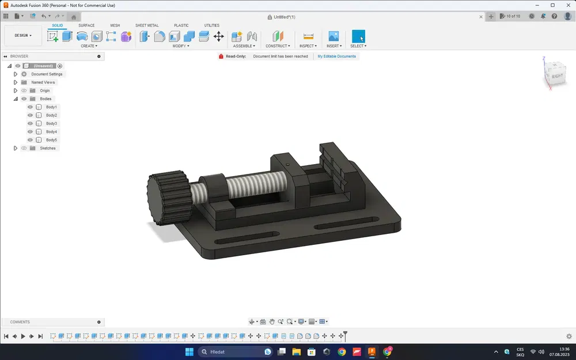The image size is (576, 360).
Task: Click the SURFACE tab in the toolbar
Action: click(86, 25)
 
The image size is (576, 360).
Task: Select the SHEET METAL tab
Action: click(147, 25)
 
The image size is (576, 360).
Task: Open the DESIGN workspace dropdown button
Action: click(23, 36)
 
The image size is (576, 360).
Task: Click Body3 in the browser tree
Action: click(51, 124)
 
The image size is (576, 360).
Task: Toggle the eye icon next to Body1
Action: click(30, 107)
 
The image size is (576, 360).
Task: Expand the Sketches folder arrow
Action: click(16, 149)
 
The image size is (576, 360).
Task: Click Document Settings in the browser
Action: click(47, 74)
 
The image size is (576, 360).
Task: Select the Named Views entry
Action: click(43, 82)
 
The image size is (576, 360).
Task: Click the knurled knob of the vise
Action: click(167, 196)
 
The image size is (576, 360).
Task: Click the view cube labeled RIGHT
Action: click(557, 75)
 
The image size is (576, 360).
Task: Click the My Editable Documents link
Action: click(337, 56)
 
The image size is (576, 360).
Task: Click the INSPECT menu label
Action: click(307, 46)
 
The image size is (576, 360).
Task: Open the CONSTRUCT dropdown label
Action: click(277, 46)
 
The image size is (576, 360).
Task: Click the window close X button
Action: click(567, 5)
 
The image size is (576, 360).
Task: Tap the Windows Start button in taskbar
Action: click(189, 351)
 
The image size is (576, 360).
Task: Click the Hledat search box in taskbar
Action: click(230, 351)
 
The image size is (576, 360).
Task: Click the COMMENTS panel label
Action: click(20, 322)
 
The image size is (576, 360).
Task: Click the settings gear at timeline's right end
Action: click(569, 336)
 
